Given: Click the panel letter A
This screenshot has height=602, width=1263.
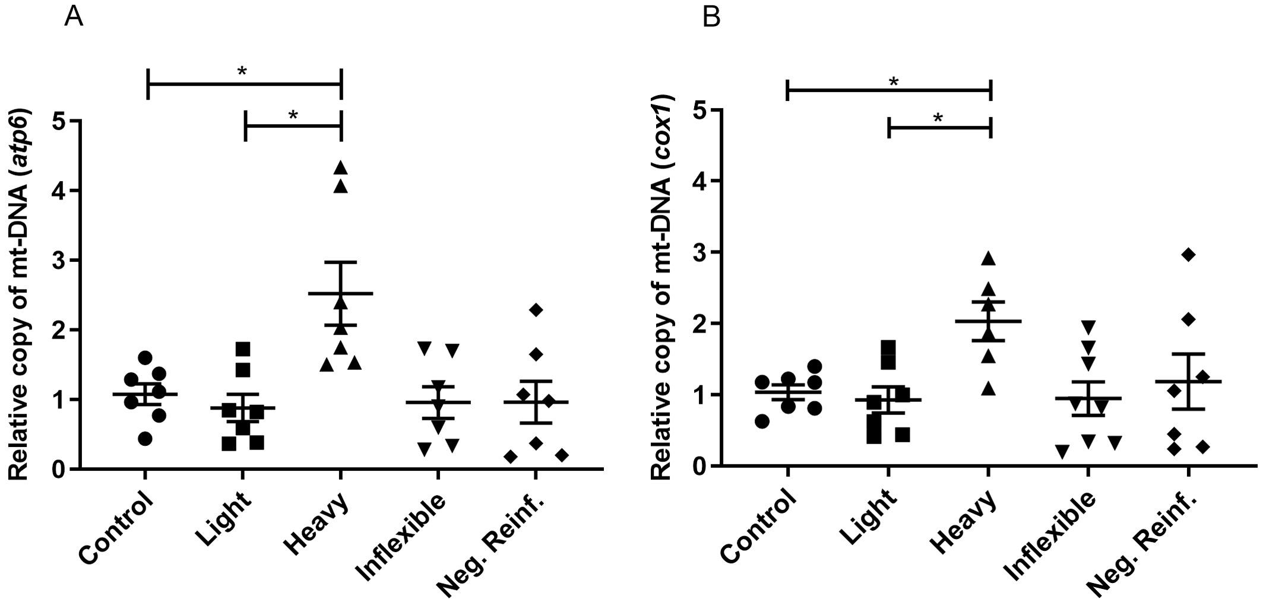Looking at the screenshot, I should coord(73,17).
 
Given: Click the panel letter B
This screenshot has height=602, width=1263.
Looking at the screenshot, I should coord(711,17).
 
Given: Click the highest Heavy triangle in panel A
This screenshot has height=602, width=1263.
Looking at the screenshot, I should coord(341,168).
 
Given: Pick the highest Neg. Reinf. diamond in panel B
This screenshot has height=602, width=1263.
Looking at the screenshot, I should coord(1188,255).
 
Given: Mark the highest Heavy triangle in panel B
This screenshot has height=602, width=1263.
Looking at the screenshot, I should coord(988,258).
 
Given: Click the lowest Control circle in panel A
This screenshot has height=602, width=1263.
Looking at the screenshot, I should coord(145,439).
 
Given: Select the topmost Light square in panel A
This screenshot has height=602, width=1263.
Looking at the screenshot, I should coord(243,348).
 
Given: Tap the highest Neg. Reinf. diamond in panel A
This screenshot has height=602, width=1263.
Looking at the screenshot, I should coord(536,309).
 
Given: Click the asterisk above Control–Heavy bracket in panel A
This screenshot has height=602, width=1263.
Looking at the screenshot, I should coord(242,72).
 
